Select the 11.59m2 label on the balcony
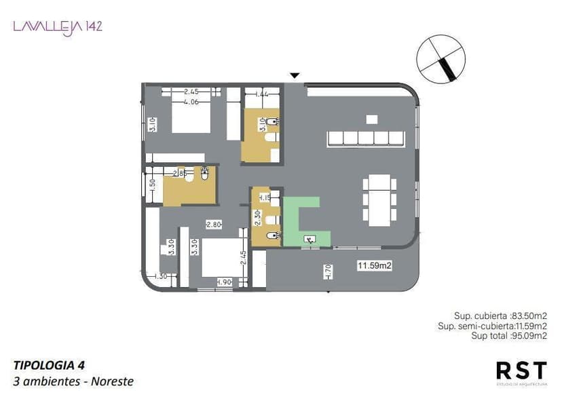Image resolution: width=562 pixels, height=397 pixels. pyautogui.click(x=374, y=266)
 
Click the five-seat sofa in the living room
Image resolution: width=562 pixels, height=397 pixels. pyautogui.click(x=367, y=138)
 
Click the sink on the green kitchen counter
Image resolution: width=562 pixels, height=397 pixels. pyautogui.click(x=309, y=238)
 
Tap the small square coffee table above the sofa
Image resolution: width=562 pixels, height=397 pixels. pyautogui.click(x=371, y=119)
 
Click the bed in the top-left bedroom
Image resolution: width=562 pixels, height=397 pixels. pyautogui.click(x=191, y=116)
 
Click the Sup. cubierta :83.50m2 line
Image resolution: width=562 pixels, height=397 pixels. pyautogui.click(x=500, y=316)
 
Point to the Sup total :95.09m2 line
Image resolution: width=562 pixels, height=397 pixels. pyautogui.click(x=509, y=335)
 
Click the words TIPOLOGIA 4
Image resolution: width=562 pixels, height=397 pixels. pyautogui.click(x=48, y=364)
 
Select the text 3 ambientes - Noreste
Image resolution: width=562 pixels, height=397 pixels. pyautogui.click(x=73, y=381)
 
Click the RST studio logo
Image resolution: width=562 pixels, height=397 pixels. pyautogui.click(x=521, y=371)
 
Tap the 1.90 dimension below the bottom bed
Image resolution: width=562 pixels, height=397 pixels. pyautogui.click(x=224, y=282)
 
